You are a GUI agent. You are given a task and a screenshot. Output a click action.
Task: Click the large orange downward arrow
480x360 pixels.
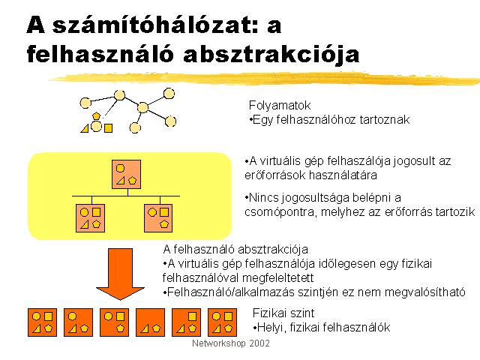click(x=120, y=273)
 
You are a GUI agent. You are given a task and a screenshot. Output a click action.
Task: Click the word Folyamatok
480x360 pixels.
click(x=280, y=105)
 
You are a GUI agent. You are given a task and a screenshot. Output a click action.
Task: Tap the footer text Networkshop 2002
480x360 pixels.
click(x=231, y=343)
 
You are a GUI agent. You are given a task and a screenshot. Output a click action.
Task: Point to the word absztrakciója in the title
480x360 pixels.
click(x=271, y=55)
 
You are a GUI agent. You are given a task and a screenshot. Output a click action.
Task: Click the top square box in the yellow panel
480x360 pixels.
click(x=127, y=175)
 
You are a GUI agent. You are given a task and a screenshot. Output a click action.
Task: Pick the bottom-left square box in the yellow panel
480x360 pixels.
click(x=90, y=218)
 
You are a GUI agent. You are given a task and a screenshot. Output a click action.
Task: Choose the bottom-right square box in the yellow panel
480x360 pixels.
click(x=158, y=218)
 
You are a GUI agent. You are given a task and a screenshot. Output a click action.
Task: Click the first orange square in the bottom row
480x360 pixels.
click(x=42, y=322)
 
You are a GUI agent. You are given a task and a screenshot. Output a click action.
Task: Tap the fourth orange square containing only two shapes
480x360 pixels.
click(x=150, y=322)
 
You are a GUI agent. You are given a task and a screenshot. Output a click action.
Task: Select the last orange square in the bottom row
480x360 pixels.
click(x=222, y=322)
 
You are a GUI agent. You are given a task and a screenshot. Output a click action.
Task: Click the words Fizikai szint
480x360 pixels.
click(x=283, y=313)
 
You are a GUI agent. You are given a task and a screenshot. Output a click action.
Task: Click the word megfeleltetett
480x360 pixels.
click(x=278, y=278)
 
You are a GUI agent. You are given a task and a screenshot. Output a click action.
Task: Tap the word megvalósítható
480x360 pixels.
click(x=425, y=292)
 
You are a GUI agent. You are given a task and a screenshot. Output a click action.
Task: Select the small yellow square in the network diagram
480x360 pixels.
click(x=108, y=128)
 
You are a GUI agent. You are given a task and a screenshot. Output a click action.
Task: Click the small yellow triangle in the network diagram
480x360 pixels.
click(x=85, y=128)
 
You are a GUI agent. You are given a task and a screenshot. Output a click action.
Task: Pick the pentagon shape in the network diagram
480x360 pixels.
click(x=97, y=115)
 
